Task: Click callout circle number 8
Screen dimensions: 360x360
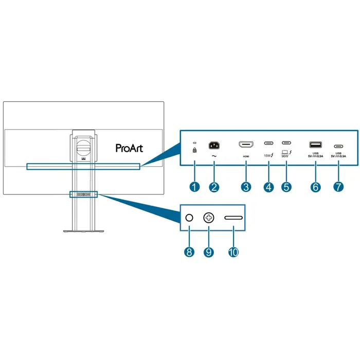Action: [189, 253]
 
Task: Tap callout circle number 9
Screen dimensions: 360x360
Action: [208, 253]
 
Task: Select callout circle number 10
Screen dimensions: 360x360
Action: [233, 253]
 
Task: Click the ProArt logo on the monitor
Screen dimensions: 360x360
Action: [130, 148]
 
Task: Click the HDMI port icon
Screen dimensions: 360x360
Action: [246, 145]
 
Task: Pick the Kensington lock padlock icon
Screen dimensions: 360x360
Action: [194, 151]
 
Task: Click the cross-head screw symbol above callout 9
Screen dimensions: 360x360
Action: [208, 218]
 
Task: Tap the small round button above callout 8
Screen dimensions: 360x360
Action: [189, 218]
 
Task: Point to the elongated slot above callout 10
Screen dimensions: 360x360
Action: [234, 218]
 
